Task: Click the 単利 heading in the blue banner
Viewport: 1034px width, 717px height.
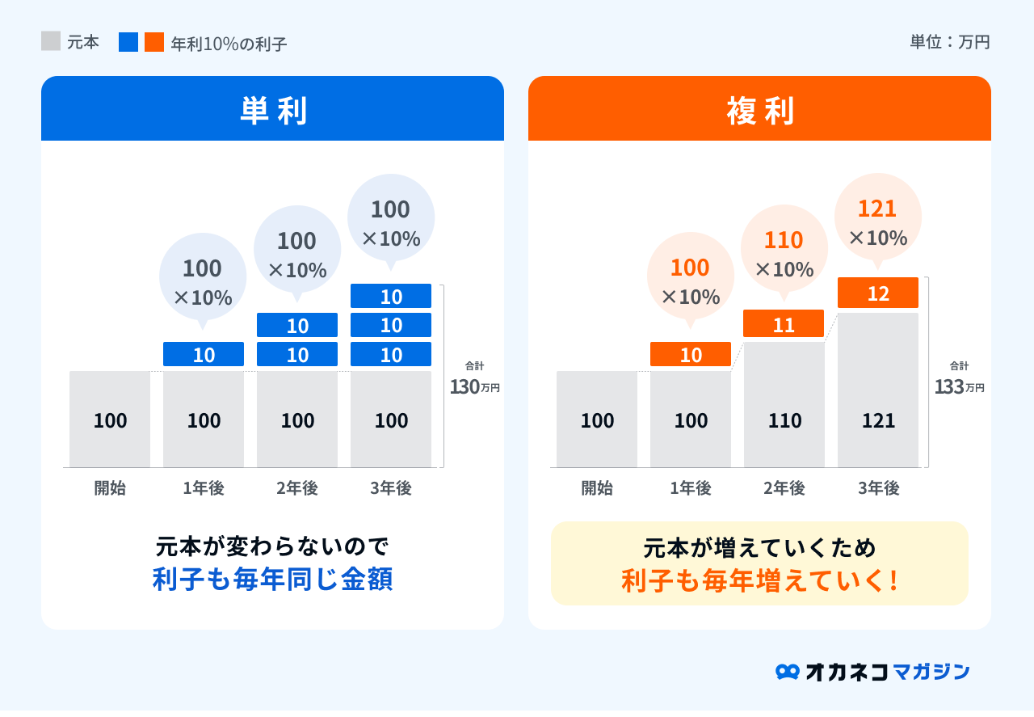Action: pyautogui.click(x=273, y=112)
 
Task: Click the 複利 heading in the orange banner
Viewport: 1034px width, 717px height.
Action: pyautogui.click(x=759, y=112)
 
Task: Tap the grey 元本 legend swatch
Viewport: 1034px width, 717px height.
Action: pyautogui.click(x=51, y=41)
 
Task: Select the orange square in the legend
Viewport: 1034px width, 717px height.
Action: pyautogui.click(x=154, y=42)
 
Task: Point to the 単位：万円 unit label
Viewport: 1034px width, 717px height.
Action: pyautogui.click(x=949, y=42)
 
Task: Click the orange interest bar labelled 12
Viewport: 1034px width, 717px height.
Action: pyautogui.click(x=878, y=293)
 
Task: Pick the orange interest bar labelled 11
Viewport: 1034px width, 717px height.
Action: pyautogui.click(x=784, y=324)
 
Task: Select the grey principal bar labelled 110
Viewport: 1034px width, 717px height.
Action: pyautogui.click(x=784, y=405)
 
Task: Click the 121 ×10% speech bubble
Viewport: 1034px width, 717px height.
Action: pyautogui.click(x=878, y=217)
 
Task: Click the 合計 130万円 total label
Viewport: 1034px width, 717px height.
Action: pyautogui.click(x=475, y=379)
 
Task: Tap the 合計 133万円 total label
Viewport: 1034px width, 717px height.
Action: pyautogui.click(x=960, y=379)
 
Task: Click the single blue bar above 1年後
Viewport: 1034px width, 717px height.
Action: pyautogui.click(x=204, y=354)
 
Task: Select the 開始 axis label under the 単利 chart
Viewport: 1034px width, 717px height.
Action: pyautogui.click(x=110, y=488)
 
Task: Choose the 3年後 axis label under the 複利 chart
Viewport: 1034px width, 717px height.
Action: pyautogui.click(x=878, y=488)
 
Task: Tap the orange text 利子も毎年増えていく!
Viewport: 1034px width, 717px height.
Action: pyautogui.click(x=759, y=580)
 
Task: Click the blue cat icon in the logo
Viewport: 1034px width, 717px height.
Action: pyautogui.click(x=787, y=672)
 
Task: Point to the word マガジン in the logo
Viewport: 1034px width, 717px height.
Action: pyautogui.click(x=931, y=672)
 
